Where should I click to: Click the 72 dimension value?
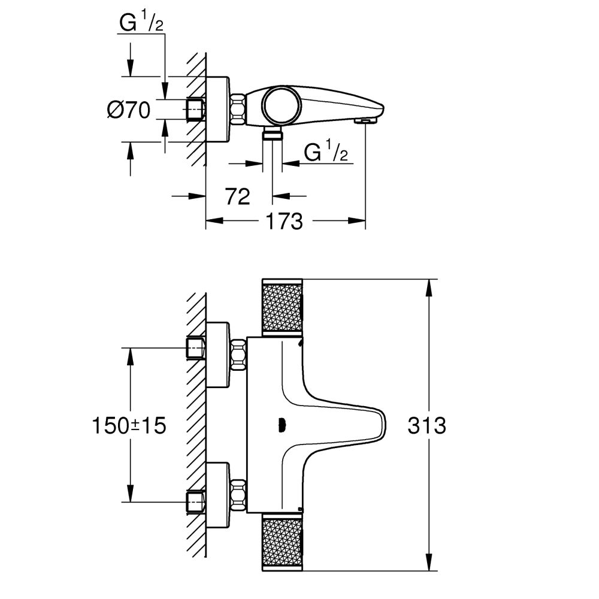[x=238, y=196]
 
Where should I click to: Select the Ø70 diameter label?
[x=128, y=110]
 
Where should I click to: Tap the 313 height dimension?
[x=426, y=426]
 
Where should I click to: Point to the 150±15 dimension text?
[x=129, y=426]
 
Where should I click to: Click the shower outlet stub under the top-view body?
[x=273, y=133]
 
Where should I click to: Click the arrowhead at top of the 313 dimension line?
[x=429, y=286]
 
